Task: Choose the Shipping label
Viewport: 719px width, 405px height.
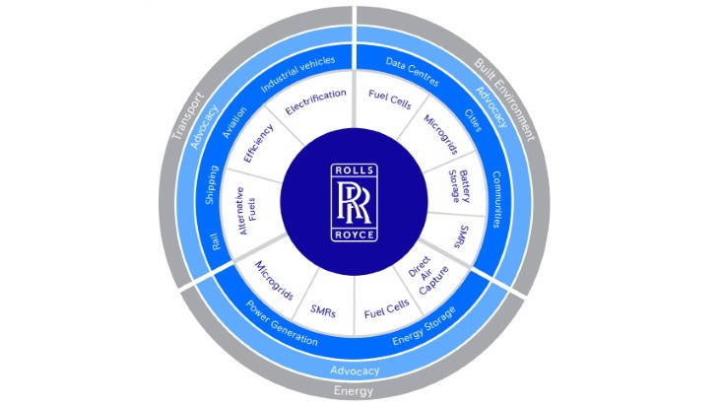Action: (212, 184)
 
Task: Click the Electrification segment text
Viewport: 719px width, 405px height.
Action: (315, 102)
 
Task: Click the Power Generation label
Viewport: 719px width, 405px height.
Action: (282, 322)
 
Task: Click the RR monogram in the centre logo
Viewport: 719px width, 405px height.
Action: (353, 202)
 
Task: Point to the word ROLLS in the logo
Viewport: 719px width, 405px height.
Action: (353, 170)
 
